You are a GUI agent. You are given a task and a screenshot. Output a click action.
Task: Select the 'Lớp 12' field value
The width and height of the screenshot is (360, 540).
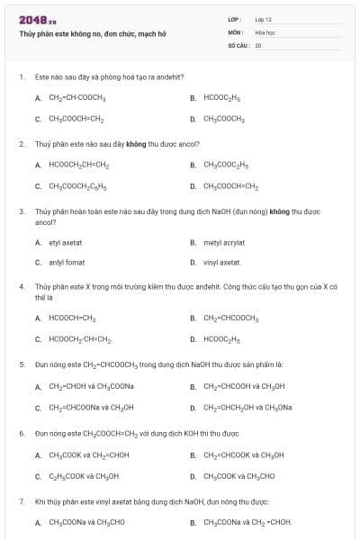(x=263, y=19)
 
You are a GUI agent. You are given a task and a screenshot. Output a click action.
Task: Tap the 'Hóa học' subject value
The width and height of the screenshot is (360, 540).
(x=264, y=31)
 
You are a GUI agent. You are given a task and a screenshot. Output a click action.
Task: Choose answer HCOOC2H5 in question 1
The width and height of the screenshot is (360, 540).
(x=221, y=97)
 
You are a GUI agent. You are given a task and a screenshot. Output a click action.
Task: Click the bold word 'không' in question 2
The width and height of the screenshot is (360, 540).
(x=136, y=143)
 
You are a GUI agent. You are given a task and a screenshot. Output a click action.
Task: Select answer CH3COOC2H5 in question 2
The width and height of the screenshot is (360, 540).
(x=226, y=165)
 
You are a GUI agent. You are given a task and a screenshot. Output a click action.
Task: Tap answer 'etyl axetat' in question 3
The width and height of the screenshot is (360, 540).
(x=65, y=242)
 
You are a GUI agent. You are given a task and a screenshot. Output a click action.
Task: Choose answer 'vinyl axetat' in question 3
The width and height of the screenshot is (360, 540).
(x=222, y=263)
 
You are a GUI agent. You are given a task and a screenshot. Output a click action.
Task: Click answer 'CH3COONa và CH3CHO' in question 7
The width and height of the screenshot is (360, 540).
(x=86, y=522)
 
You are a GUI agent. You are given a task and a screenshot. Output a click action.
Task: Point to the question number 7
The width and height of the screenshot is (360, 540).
(x=21, y=500)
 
